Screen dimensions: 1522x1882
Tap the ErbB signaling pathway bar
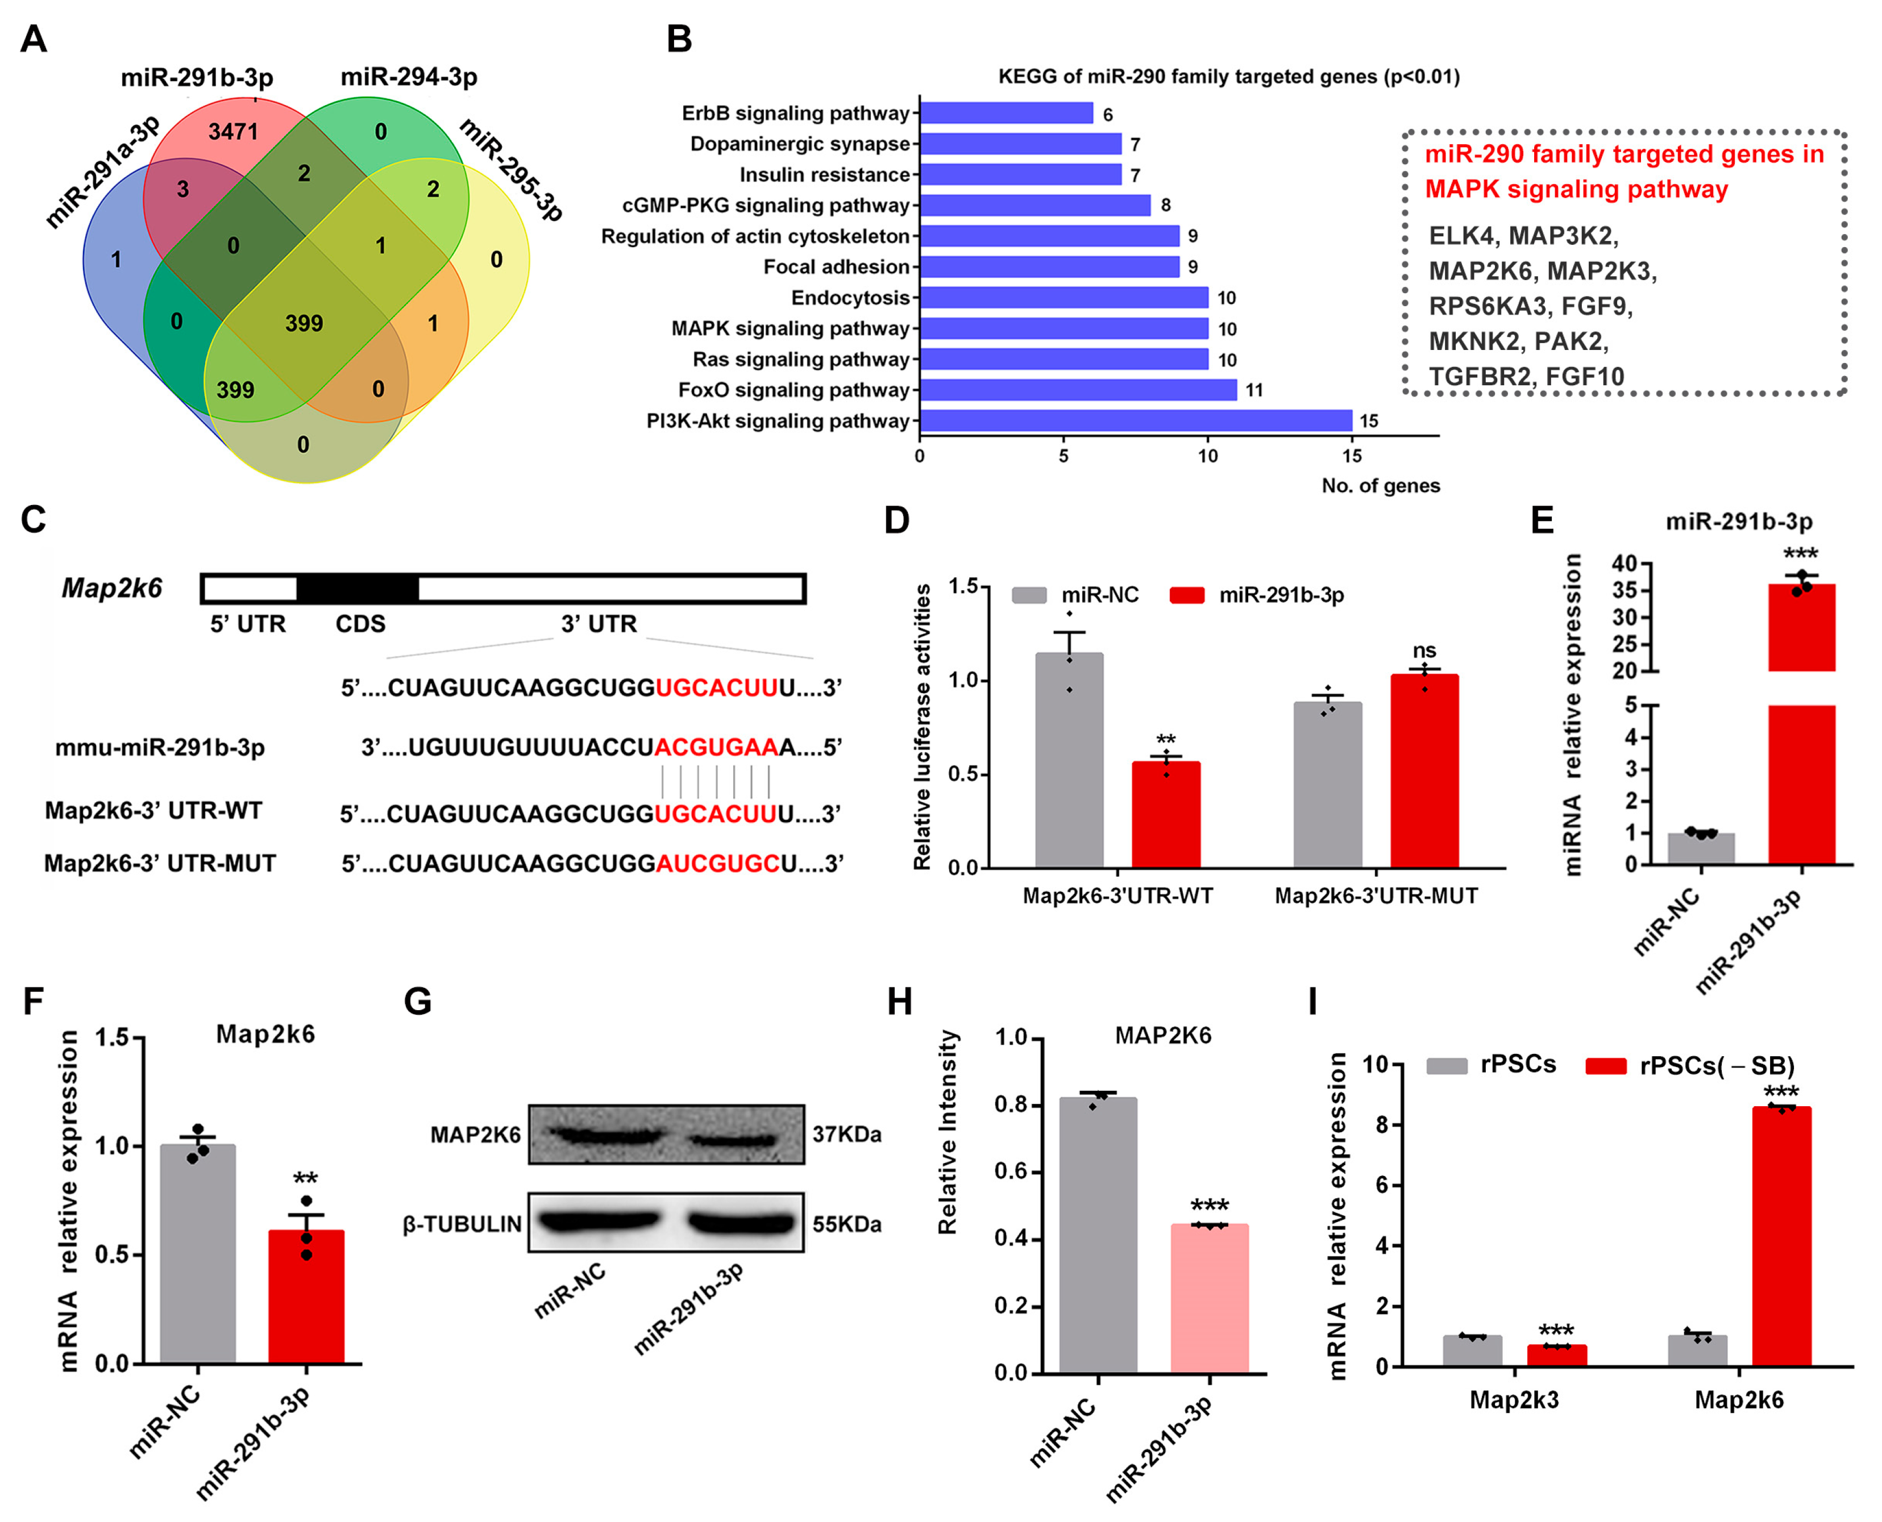click(1006, 113)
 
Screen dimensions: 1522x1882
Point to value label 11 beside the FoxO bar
click(1254, 390)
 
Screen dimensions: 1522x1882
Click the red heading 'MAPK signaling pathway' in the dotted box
click(1576, 189)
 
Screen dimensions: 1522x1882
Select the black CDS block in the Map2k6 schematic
click(357, 588)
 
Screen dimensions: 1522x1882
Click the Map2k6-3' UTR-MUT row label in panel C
click(160, 864)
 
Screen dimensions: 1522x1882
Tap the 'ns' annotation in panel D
click(1424, 651)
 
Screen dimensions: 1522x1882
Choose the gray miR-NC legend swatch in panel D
click(1029, 595)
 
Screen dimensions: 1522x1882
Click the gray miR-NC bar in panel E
click(1701, 849)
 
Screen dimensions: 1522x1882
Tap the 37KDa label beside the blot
click(846, 1135)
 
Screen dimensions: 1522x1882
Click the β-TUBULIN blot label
click(462, 1224)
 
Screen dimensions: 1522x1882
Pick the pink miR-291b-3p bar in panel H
click(1210, 1298)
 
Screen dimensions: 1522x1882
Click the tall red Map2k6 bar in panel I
click(1781, 1236)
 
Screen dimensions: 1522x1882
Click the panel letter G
click(417, 1001)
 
